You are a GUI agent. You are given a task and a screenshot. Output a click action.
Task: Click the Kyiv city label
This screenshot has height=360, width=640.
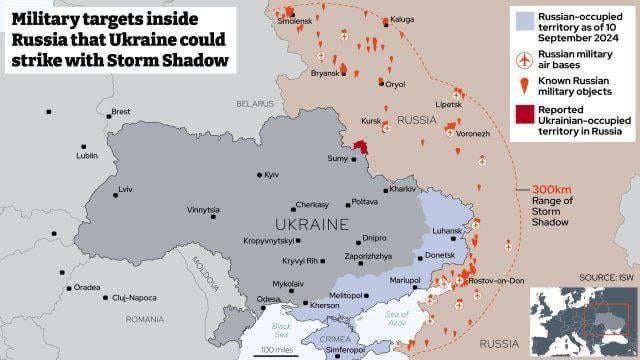(x=271, y=175)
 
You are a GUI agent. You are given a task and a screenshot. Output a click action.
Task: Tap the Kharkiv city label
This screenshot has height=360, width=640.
(x=402, y=189)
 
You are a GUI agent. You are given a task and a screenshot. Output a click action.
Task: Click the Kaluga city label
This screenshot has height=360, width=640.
(x=403, y=19)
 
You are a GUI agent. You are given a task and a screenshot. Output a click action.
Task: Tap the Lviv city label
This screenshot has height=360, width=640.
(x=125, y=189)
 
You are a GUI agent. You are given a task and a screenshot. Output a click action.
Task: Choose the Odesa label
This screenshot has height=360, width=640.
(x=268, y=299)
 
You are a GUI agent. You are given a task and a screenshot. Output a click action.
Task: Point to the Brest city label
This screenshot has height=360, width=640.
(x=120, y=111)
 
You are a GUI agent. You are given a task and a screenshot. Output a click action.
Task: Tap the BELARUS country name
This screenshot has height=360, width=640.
(x=255, y=103)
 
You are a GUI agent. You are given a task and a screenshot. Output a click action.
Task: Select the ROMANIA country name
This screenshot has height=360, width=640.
(x=146, y=319)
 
